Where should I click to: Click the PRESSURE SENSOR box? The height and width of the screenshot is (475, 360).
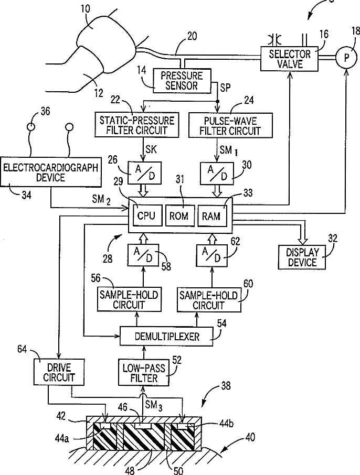point(182,81)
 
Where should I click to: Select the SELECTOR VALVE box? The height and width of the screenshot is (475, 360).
point(290,59)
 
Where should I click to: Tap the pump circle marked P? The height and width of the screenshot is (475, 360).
point(346,58)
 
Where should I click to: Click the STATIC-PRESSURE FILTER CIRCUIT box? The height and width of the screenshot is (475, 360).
point(136,124)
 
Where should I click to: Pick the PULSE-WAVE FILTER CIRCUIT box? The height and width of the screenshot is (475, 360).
point(230,125)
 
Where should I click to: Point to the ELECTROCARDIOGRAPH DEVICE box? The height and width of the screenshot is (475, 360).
point(51,171)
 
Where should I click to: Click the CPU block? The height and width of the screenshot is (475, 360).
point(146,215)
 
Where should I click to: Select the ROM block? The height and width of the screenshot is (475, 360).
point(180,215)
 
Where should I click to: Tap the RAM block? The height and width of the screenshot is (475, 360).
point(212,215)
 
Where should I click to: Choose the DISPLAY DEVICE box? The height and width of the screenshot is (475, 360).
point(302,257)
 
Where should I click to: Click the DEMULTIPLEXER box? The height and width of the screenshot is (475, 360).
point(166,336)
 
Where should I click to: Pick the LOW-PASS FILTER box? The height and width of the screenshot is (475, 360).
point(144,373)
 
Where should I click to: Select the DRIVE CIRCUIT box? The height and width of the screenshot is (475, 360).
point(59,372)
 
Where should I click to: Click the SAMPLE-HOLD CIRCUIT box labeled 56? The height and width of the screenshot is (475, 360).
point(129,299)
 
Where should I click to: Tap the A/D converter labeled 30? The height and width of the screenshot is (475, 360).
point(217,174)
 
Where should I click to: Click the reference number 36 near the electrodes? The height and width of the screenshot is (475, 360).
point(46,111)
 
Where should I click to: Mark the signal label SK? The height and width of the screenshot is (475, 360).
point(151,149)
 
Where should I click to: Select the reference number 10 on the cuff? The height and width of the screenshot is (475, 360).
point(86,8)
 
